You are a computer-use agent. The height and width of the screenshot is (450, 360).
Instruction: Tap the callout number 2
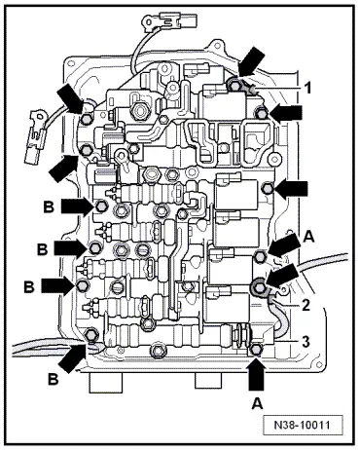(306, 305)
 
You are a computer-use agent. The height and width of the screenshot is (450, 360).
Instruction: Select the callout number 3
(306, 341)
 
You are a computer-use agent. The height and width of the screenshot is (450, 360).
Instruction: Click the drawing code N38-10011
(303, 425)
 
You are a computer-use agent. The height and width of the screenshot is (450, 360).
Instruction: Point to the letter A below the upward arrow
(258, 403)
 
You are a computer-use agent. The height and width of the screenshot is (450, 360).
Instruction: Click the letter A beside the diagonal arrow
(308, 237)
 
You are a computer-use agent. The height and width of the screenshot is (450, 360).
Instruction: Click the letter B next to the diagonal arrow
(54, 379)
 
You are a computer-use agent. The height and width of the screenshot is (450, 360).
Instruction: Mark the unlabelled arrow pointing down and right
(70, 100)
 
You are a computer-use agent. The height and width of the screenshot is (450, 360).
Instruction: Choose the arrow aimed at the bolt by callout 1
(250, 61)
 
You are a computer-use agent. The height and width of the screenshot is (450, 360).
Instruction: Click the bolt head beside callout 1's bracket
(234, 86)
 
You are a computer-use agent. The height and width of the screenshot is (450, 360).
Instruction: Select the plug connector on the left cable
(35, 136)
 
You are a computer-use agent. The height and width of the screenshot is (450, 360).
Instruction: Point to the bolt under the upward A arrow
(256, 350)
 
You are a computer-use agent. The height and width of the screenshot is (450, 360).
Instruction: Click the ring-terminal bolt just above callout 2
(259, 286)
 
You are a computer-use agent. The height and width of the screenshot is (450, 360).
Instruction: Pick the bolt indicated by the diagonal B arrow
(90, 334)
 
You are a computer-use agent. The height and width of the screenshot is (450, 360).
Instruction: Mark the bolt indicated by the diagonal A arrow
(260, 256)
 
